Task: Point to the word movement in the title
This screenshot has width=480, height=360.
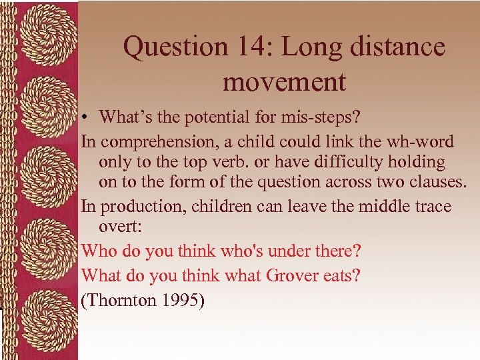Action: click(x=285, y=82)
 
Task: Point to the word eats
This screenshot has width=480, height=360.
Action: click(x=343, y=275)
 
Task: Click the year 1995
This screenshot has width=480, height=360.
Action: click(x=182, y=300)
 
